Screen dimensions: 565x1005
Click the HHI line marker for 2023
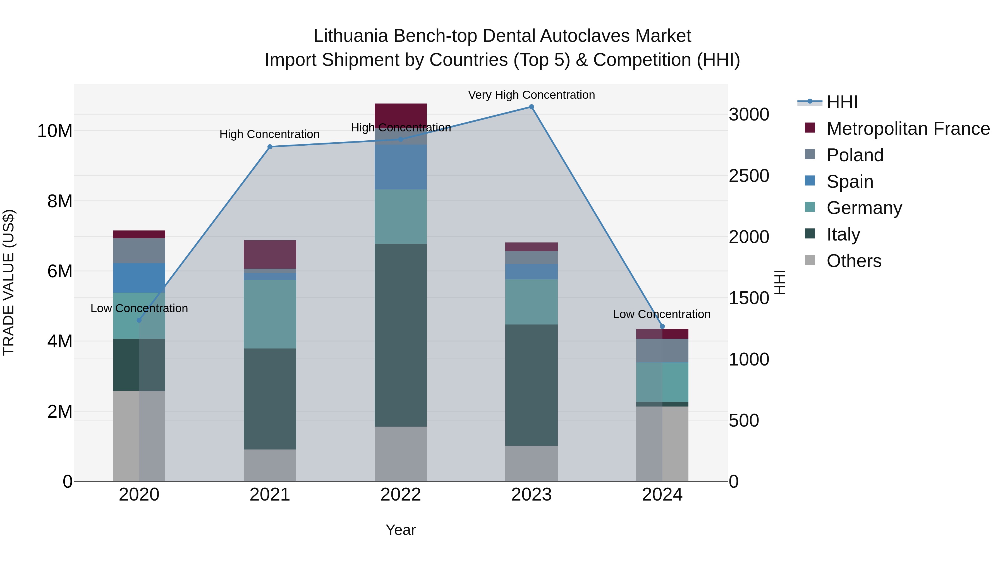pyautogui.click(x=531, y=107)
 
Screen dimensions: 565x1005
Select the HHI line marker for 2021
pyautogui.click(x=270, y=146)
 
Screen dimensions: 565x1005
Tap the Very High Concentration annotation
pyautogui.click(x=531, y=95)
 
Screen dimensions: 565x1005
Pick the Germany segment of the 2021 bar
pyautogui.click(x=270, y=314)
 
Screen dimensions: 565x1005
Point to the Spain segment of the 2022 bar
pyautogui.click(x=401, y=167)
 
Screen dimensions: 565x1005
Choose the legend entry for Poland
pyautogui.click(x=855, y=155)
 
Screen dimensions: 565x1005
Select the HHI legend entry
pyautogui.click(x=841, y=102)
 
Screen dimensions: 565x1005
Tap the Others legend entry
pyautogui.click(x=854, y=261)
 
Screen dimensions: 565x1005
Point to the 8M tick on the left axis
pyautogui.click(x=60, y=201)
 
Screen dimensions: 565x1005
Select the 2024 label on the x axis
pyautogui.click(x=662, y=495)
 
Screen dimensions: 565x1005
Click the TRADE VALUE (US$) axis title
pyautogui.click(x=9, y=282)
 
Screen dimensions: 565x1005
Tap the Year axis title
pyautogui.click(x=401, y=530)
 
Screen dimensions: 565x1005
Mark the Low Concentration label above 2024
pyautogui.click(x=662, y=314)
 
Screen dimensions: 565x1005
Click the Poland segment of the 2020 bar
pyautogui.click(x=139, y=251)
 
